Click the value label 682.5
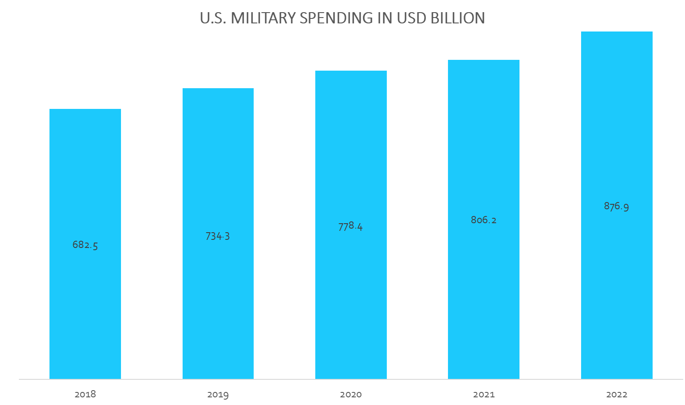(x=85, y=245)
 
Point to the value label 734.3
(x=218, y=236)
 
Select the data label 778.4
(x=350, y=226)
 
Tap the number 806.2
(x=484, y=220)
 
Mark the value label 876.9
(x=616, y=206)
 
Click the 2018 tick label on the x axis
(x=85, y=395)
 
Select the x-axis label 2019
(x=218, y=395)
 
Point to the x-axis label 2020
(x=351, y=395)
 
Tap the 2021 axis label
(x=484, y=395)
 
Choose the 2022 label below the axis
(x=617, y=395)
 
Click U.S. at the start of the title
(x=213, y=18)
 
